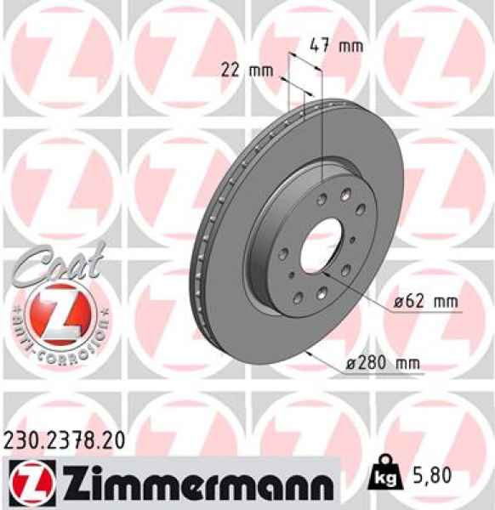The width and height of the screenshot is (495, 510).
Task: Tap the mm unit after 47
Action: coord(350,46)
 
